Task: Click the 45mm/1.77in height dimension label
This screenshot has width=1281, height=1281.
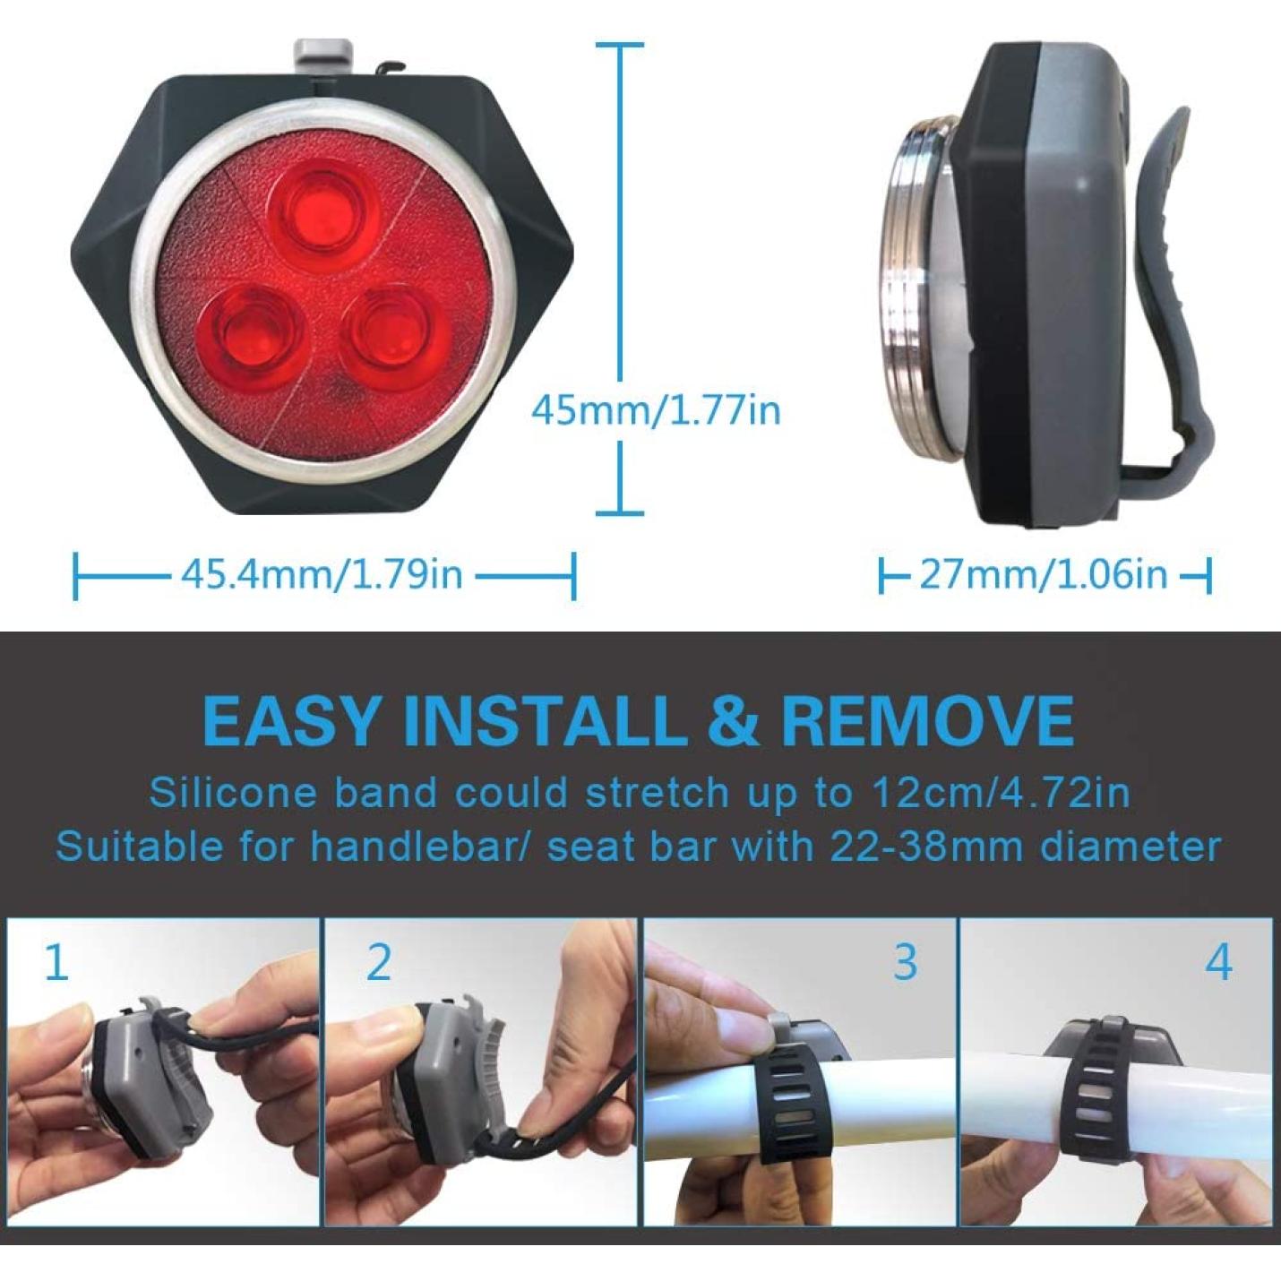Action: pos(655,411)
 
